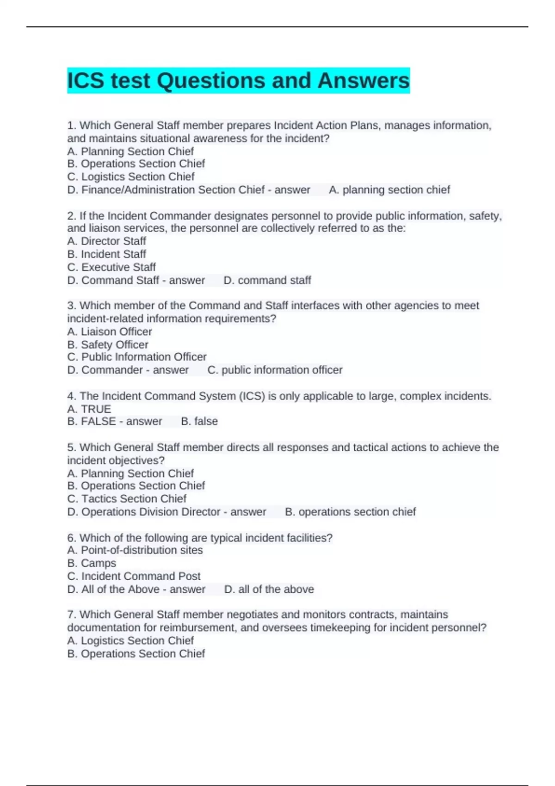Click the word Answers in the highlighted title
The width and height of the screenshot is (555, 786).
[363, 81]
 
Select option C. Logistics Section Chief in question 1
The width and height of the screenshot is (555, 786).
[131, 177]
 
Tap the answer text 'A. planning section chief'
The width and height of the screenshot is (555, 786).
[389, 190]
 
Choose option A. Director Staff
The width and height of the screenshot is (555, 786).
[106, 241]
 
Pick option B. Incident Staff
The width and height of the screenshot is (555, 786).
[106, 254]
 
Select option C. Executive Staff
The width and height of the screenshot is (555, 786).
[111, 267]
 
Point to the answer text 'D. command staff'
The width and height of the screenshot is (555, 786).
[267, 280]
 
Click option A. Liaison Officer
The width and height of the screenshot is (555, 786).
[110, 332]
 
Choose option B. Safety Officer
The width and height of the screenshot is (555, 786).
[108, 344]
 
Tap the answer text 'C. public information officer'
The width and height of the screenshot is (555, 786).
[275, 370]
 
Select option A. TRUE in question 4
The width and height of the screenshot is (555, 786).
[89, 409]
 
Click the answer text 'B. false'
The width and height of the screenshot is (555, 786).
[199, 421]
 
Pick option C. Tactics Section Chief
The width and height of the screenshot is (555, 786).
[127, 498]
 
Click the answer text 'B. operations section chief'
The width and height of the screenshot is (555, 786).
[350, 512]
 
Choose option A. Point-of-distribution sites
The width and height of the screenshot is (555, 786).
[135, 550]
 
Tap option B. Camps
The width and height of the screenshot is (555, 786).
[92, 563]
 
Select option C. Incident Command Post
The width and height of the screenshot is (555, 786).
[134, 576]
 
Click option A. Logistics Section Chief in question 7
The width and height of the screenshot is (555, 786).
[130, 640]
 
